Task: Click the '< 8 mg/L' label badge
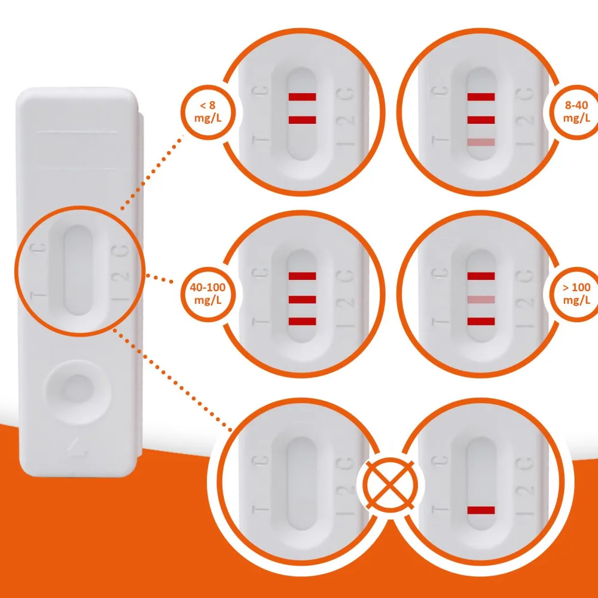click(x=208, y=112)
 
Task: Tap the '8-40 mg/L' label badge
click(x=576, y=112)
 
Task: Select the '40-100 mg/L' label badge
click(x=208, y=294)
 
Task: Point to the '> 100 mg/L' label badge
click(x=576, y=294)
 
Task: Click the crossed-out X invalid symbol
click(x=390, y=485)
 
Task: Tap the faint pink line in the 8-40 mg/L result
click(x=481, y=142)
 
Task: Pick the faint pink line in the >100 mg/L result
click(x=481, y=300)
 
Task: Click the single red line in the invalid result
click(x=481, y=510)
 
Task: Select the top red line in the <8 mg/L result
click(x=302, y=97)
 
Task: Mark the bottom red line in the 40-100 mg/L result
click(x=302, y=322)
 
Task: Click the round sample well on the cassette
click(x=78, y=391)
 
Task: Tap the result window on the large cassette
click(x=78, y=270)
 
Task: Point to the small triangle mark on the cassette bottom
click(x=77, y=446)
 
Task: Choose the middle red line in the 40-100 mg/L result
click(x=302, y=300)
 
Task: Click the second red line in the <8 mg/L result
click(x=302, y=120)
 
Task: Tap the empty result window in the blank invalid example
click(x=302, y=483)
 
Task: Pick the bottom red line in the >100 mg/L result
click(x=481, y=322)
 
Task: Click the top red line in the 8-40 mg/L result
click(x=481, y=97)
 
